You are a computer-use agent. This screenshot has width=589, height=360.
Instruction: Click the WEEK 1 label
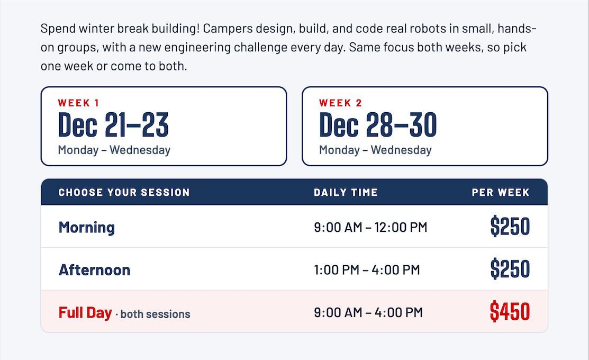coord(78,103)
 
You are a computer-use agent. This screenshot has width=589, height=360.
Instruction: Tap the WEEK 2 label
coord(340,103)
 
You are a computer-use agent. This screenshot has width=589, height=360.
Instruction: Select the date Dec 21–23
coord(113,125)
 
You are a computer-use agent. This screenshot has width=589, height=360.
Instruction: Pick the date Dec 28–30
coord(378,125)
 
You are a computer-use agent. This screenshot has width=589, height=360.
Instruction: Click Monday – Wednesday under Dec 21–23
coord(114,150)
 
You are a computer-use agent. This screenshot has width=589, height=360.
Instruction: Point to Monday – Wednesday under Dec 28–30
coord(375,150)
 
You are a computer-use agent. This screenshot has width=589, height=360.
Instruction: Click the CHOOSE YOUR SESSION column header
coord(124,192)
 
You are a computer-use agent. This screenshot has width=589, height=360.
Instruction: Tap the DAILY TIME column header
coord(346,192)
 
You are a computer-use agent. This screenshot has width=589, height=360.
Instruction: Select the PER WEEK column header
coord(500,192)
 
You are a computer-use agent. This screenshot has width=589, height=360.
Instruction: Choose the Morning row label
coord(87,227)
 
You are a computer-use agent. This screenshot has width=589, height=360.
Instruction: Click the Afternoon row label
coord(94,270)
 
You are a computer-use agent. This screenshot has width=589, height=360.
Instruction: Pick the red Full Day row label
coord(85,313)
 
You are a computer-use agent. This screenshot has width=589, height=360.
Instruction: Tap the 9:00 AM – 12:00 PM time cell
coord(370,227)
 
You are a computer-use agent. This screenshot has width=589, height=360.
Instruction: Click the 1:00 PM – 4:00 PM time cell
coord(367,270)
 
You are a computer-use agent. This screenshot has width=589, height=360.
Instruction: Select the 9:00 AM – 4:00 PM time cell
coord(368,312)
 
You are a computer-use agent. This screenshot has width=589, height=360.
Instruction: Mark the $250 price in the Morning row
coord(510,226)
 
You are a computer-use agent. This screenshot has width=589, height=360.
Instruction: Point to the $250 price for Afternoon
coord(510,269)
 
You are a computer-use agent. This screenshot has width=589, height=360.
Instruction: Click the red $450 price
coord(510,311)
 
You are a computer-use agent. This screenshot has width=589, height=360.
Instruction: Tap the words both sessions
coord(155,314)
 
